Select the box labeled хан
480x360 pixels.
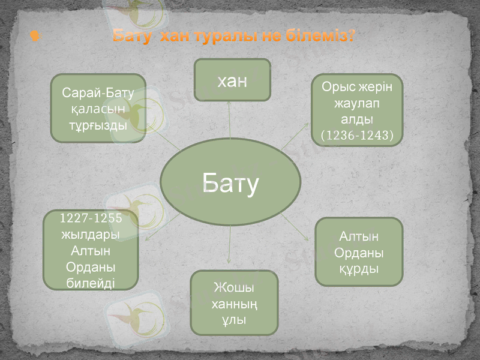[x=232, y=80]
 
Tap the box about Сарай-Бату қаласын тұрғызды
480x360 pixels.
[x=98, y=108]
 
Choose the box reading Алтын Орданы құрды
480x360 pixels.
[x=359, y=252]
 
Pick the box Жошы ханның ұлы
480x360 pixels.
[x=234, y=302]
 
